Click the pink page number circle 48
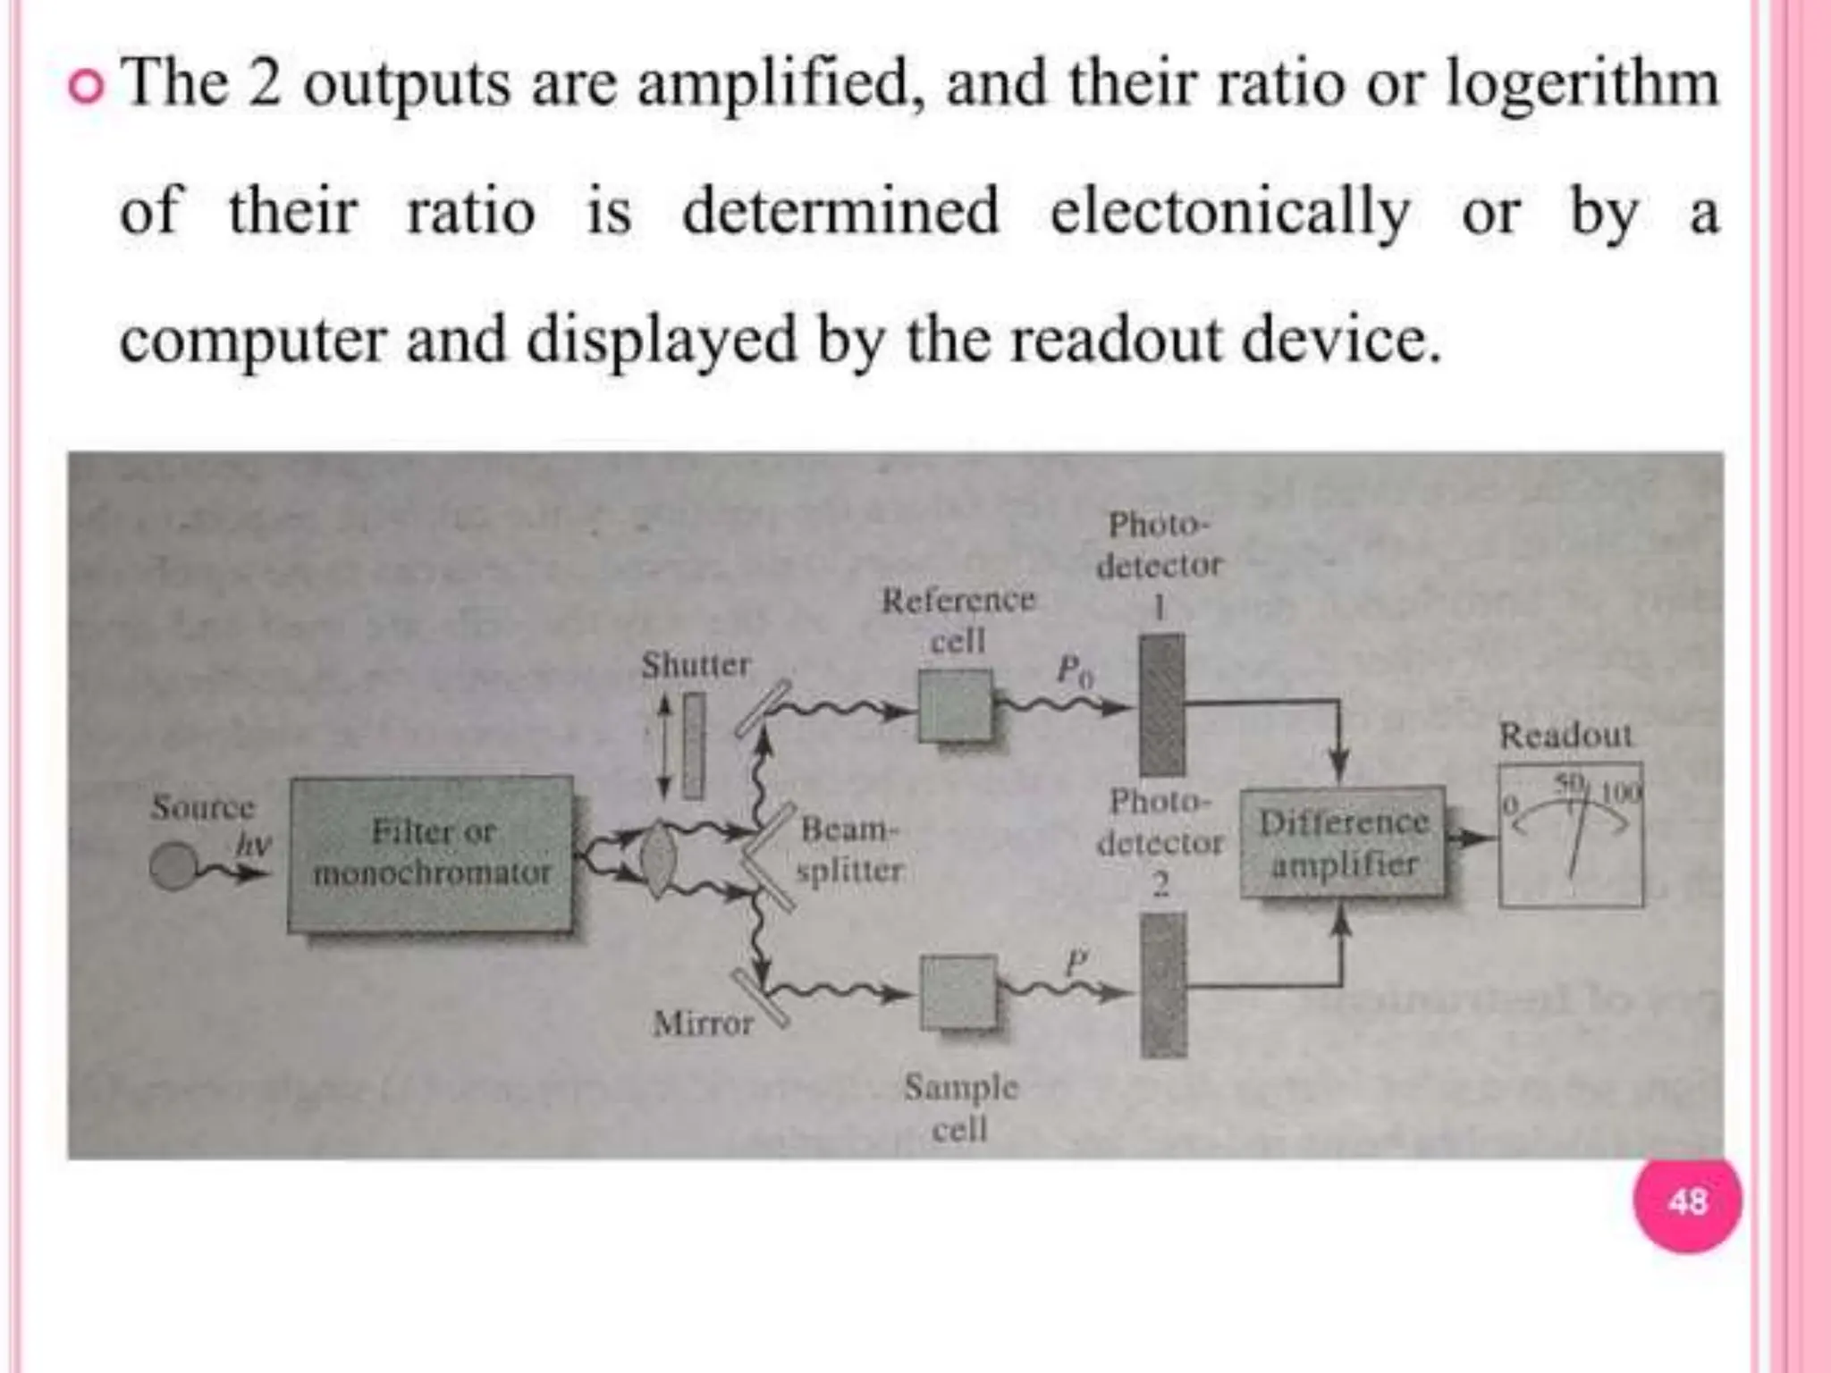[x=1686, y=1201]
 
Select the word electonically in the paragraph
[x=1229, y=213]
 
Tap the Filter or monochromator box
[x=430, y=854]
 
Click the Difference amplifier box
[x=1342, y=842]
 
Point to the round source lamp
[x=173, y=866]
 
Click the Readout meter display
[x=1571, y=835]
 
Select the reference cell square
[x=955, y=706]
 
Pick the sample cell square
[x=958, y=992]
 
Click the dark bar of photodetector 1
[x=1161, y=704]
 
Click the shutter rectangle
[x=693, y=746]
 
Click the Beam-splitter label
[x=849, y=849]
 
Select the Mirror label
[x=703, y=1023]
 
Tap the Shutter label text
[x=696, y=665]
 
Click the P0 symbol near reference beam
[x=1074, y=669]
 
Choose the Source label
[x=203, y=807]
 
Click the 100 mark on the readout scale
[x=1622, y=792]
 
